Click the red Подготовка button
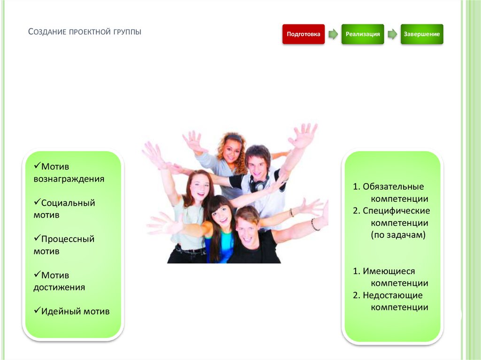coord(303,34)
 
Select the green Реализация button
coord(363,34)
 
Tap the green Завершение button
coord(422,34)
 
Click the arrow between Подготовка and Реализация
coord(333,34)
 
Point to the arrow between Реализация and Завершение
coord(392,34)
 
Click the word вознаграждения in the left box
coord(69,179)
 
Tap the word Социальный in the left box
coord(68,203)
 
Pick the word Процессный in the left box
coord(68,239)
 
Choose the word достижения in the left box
coord(59,287)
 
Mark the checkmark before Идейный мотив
coord(37,311)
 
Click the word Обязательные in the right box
coord(393,187)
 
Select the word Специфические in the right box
coord(396,211)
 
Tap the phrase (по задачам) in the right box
coord(398,235)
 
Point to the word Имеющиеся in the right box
coord(389,271)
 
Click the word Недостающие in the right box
coord(393,295)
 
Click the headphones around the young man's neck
coord(258,184)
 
